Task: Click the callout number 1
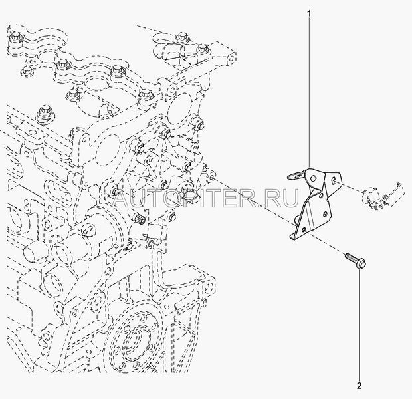(309, 13)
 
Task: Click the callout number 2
(360, 386)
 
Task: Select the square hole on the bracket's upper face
(312, 178)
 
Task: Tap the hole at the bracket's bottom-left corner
(304, 229)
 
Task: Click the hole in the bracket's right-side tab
(334, 180)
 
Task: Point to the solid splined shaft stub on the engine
(139, 220)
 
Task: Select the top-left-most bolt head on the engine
(15, 37)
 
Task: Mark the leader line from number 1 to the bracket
(309, 92)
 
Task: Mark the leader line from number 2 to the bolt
(360, 325)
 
